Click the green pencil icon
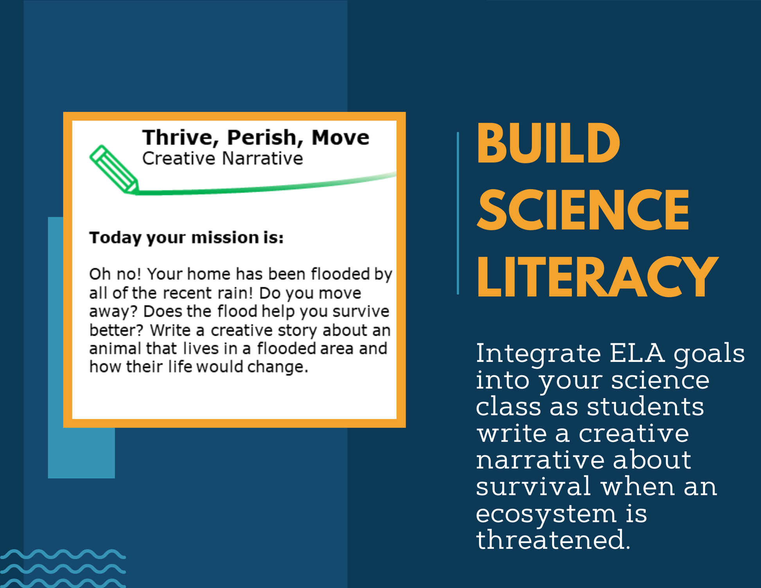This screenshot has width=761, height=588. (x=114, y=169)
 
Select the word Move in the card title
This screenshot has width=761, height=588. (x=340, y=138)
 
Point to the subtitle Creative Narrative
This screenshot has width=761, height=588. (x=223, y=158)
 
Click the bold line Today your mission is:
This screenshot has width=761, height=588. (x=187, y=238)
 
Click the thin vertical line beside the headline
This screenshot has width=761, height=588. (x=458, y=213)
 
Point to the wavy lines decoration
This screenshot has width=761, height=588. (x=63, y=568)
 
